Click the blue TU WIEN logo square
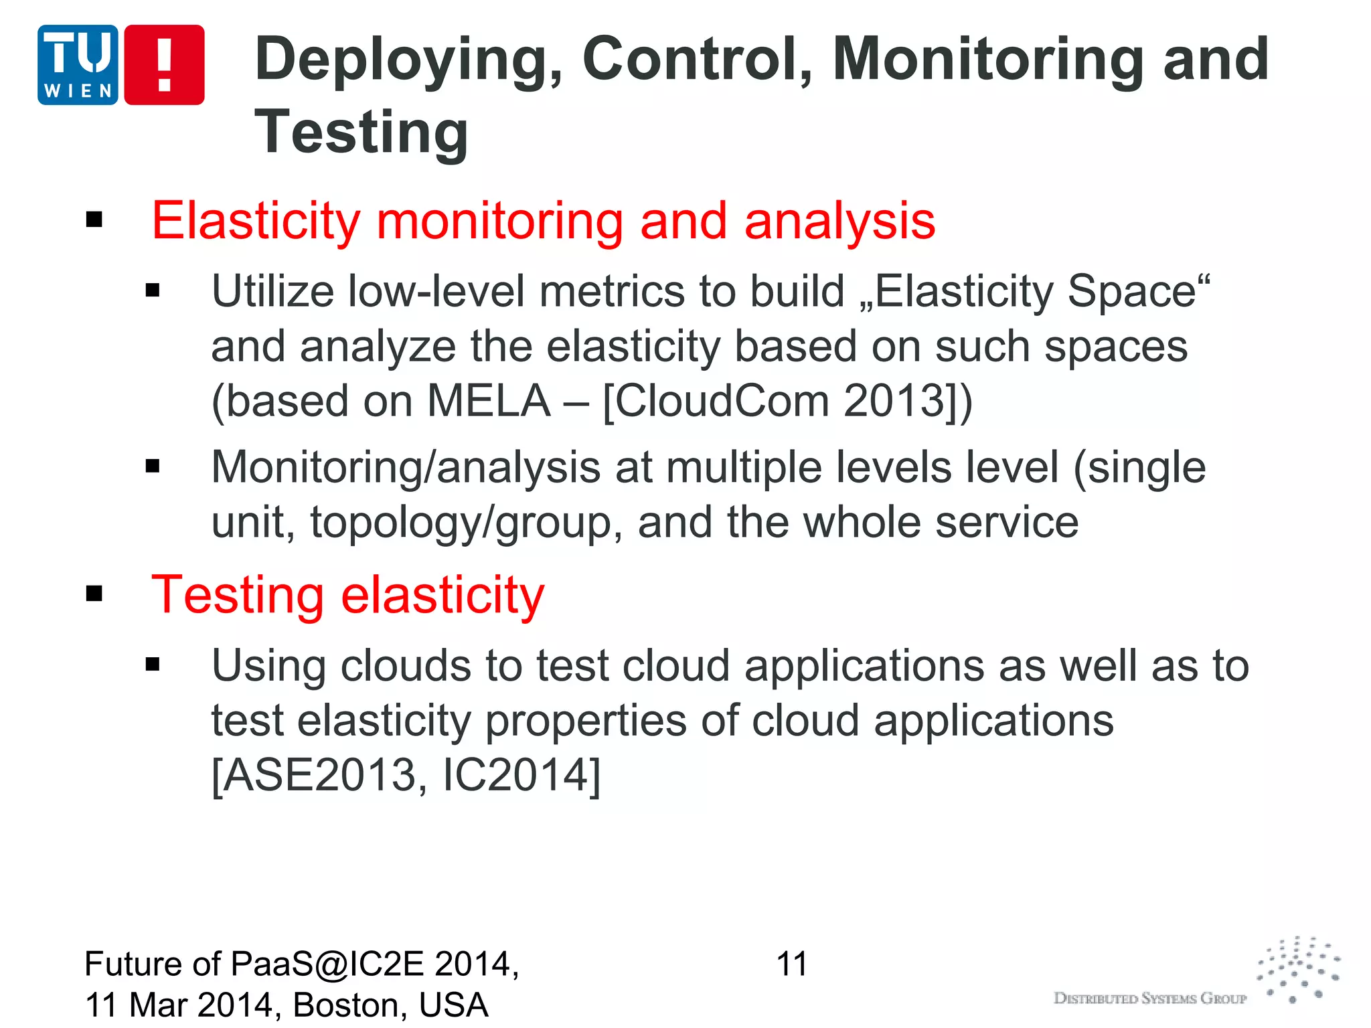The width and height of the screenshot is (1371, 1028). click(78, 65)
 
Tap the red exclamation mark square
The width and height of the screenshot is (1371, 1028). click(165, 65)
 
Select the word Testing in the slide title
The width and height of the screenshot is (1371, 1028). click(361, 133)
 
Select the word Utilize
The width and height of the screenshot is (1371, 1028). click(272, 292)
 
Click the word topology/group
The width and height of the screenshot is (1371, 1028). click(461, 523)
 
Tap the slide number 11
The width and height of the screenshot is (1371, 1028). click(792, 964)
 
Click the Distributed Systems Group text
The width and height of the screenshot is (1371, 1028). click(1150, 999)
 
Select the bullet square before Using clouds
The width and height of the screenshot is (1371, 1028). click(153, 665)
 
